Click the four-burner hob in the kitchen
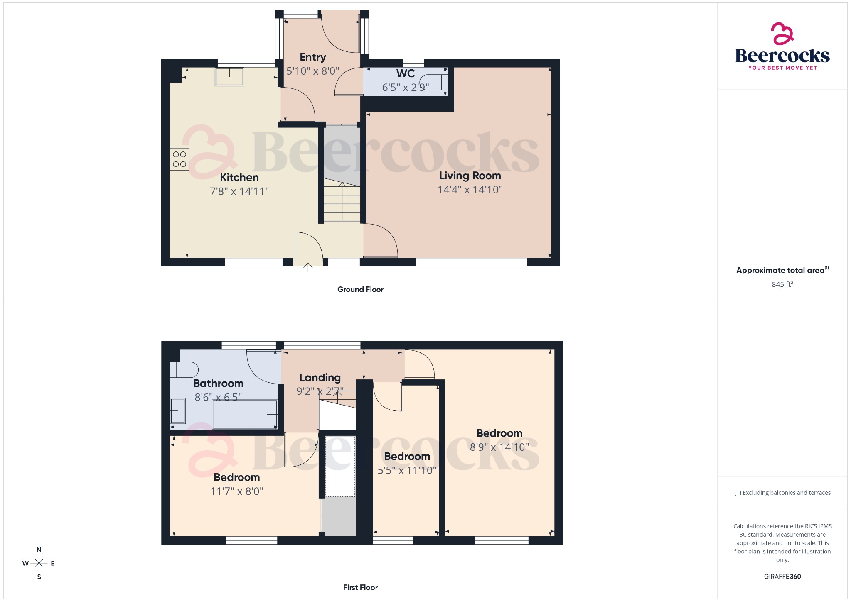point(180,159)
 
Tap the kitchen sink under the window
point(229,77)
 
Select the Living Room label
point(470,176)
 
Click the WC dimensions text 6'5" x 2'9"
point(405,88)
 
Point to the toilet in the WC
point(434,82)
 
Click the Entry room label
point(313,57)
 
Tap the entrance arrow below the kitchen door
point(307,267)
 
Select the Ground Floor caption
point(360,289)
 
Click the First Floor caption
point(360,587)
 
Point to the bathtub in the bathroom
point(244,414)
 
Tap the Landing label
point(320,378)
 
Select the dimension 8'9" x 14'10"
point(499,447)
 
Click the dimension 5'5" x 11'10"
point(407,470)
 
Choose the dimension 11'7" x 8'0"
point(237,491)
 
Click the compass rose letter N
point(39,550)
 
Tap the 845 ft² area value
point(782,284)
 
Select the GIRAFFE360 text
point(782,576)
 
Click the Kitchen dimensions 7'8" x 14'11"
point(239,191)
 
